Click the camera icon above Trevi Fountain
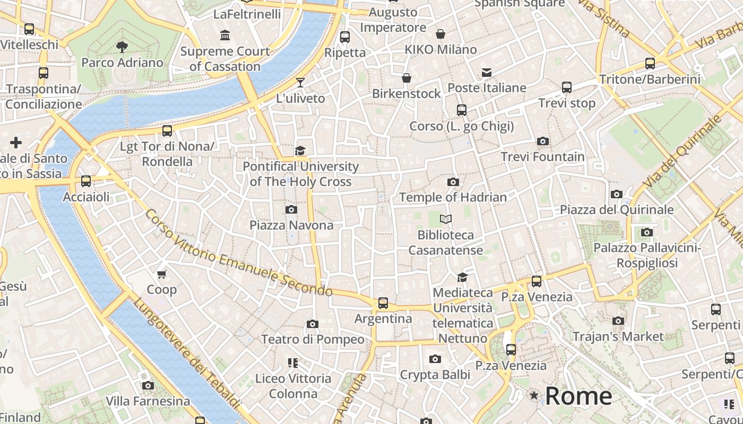(x=542, y=141)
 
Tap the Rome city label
(x=578, y=396)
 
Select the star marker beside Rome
(x=534, y=396)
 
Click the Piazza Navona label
(x=291, y=225)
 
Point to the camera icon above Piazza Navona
(x=291, y=209)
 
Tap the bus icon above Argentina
(x=383, y=303)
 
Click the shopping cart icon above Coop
(x=162, y=274)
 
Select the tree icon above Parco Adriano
(x=122, y=47)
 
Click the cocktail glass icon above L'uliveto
(x=300, y=82)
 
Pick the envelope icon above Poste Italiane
(x=487, y=73)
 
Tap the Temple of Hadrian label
(x=453, y=197)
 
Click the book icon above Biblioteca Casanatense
(x=446, y=219)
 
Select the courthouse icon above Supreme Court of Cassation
(x=225, y=36)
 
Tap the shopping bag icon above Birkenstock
(x=407, y=78)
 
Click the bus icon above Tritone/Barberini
(x=650, y=64)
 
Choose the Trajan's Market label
(x=618, y=337)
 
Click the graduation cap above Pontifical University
(x=300, y=151)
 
